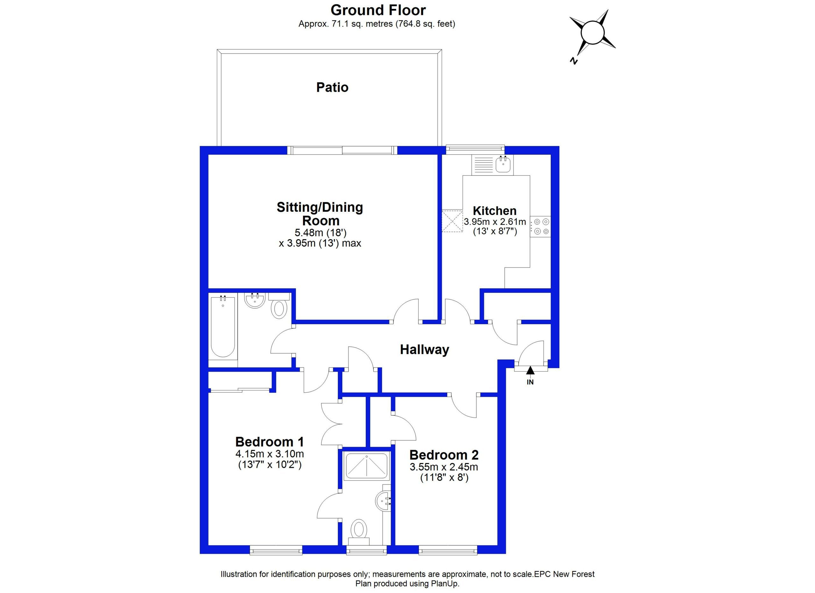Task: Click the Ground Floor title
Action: point(378,10)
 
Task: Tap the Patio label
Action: point(332,87)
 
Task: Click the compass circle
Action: point(593,33)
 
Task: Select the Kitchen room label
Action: point(494,211)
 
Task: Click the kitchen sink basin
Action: point(503,165)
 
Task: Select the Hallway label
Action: point(424,350)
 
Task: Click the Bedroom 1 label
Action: point(270,442)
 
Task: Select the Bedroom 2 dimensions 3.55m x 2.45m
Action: point(444,467)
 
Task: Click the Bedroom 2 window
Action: point(448,550)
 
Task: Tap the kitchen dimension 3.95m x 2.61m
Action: point(495,222)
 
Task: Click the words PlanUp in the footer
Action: point(446,584)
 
